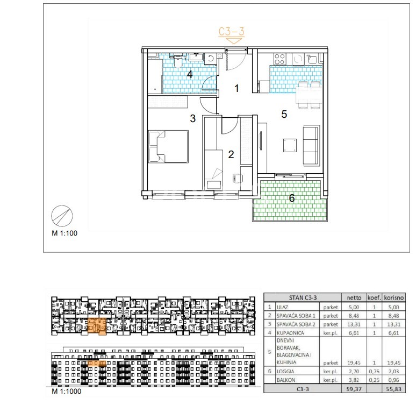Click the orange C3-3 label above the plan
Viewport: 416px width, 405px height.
(231, 32)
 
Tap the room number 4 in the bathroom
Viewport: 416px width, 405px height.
(189, 75)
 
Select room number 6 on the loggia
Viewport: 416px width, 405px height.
(291, 198)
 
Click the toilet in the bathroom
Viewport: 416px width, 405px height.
(177, 62)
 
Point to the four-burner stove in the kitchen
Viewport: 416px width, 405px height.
(279, 59)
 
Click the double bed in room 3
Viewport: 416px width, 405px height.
(168, 146)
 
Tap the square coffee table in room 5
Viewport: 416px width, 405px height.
(290, 145)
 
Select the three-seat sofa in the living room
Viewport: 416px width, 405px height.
(311, 145)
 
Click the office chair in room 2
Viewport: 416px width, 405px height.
(238, 178)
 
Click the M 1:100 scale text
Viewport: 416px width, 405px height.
(64, 233)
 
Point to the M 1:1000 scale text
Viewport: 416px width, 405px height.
(67, 391)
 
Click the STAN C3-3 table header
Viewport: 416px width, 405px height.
(303, 297)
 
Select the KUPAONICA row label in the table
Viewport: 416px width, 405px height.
(290, 333)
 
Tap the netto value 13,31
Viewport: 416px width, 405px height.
(354, 324)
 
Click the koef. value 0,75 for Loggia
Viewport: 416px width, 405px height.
(374, 371)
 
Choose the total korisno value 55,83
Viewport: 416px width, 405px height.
(395, 389)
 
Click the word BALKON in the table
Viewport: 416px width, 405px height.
(286, 380)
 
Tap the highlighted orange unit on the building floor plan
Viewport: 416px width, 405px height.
(97, 326)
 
